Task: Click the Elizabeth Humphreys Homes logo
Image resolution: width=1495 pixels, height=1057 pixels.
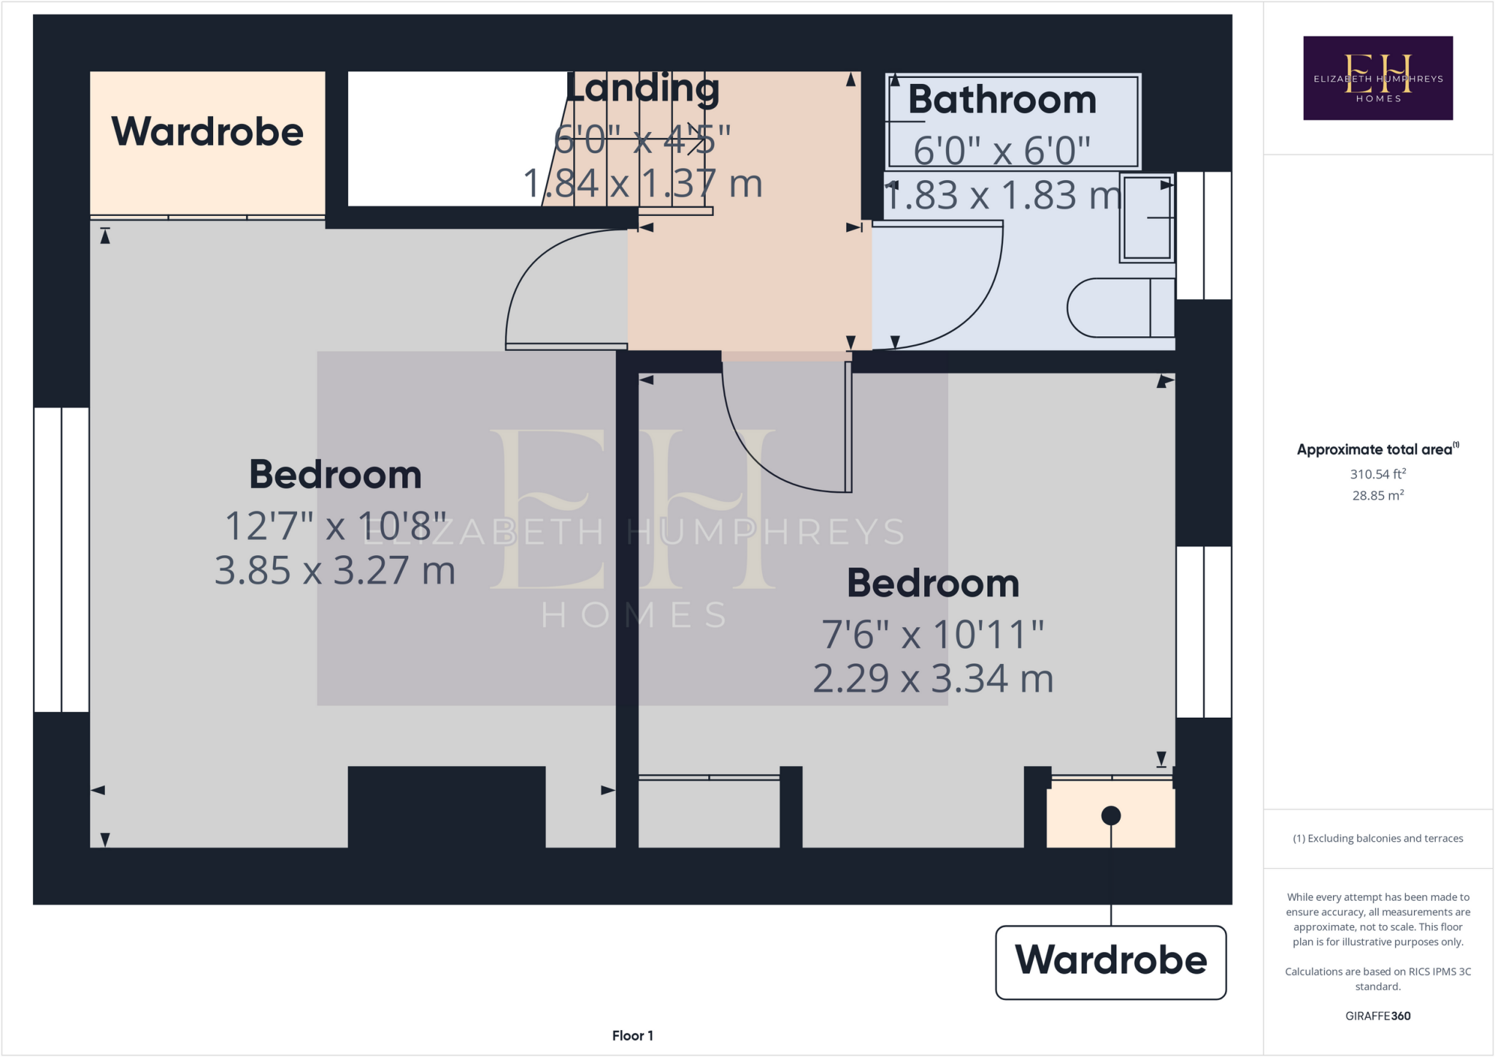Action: (1377, 78)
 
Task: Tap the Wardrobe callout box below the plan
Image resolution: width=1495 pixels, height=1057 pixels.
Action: (1110, 961)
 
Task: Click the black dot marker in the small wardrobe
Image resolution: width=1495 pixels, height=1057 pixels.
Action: (1110, 816)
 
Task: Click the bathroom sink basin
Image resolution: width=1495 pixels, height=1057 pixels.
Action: (1147, 217)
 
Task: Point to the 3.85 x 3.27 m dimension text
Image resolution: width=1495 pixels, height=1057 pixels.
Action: (335, 570)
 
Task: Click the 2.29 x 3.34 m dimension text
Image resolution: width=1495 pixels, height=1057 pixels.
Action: (933, 678)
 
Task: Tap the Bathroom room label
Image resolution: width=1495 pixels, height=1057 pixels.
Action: (1002, 100)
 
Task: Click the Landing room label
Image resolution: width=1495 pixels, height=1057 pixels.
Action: (642, 88)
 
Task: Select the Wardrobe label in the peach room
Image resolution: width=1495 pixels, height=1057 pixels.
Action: (207, 132)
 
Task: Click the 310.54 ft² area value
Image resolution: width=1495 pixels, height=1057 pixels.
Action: (1377, 474)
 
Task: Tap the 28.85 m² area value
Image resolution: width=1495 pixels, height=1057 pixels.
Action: (1377, 495)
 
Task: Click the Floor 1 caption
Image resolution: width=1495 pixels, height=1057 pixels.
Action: (632, 1035)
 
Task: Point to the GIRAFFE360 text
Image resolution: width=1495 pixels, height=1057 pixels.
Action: (1377, 1015)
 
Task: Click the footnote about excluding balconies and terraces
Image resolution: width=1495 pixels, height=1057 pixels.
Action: (1377, 838)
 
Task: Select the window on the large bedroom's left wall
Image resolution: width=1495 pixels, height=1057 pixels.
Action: (61, 560)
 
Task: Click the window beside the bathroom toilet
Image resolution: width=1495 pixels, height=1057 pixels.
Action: (1203, 236)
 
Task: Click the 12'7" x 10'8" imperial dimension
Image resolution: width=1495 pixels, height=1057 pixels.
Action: (335, 527)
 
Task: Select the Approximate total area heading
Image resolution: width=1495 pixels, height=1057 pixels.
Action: (1376, 449)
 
